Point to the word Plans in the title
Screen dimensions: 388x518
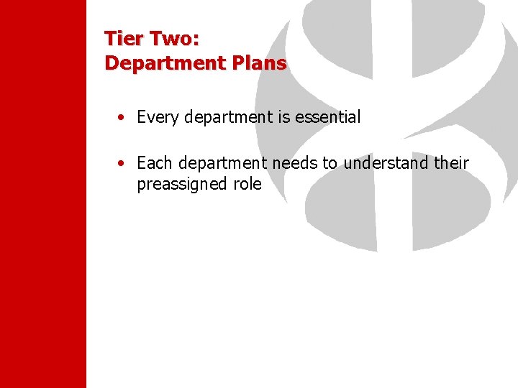pyautogui.click(x=259, y=63)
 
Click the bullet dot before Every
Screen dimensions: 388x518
pyautogui.click(x=124, y=117)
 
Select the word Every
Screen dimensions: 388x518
pyautogui.click(x=158, y=117)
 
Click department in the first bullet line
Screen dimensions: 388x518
pyautogui.click(x=228, y=117)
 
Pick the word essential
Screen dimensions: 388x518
pyautogui.click(x=328, y=117)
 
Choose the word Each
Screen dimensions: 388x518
pyautogui.click(x=154, y=163)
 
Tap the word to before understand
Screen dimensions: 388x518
pyautogui.click(x=330, y=163)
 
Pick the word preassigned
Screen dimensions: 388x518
pyautogui.click(x=181, y=184)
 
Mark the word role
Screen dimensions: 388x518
pyautogui.click(x=246, y=184)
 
